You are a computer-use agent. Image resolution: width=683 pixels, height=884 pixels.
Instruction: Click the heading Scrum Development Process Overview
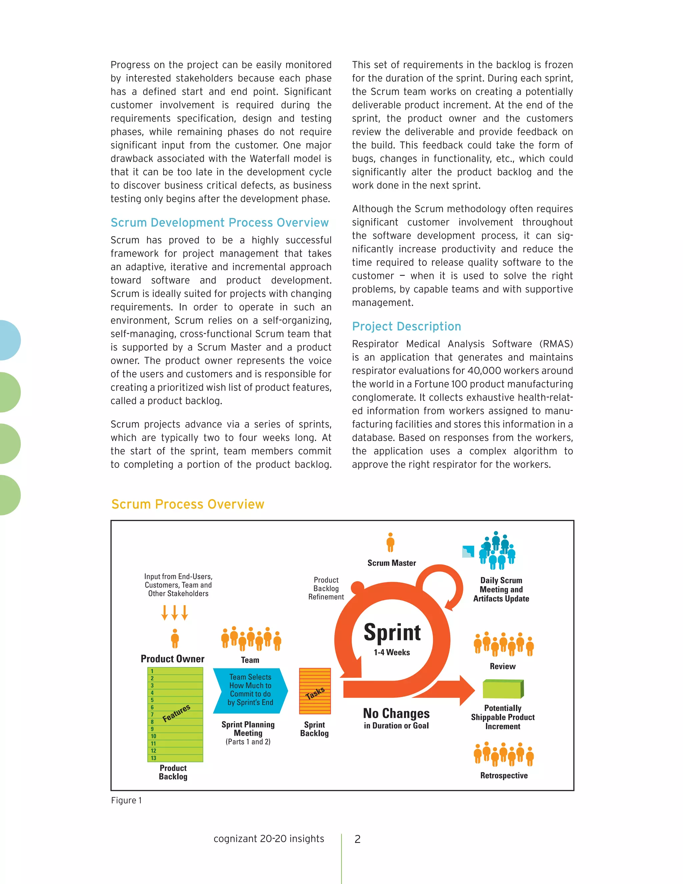tap(219, 223)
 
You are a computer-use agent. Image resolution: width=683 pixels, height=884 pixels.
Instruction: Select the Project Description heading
tap(406, 326)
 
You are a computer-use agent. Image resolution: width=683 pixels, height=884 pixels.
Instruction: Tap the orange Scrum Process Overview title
tap(188, 504)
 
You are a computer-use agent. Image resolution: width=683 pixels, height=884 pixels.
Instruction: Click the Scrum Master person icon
tap(390, 542)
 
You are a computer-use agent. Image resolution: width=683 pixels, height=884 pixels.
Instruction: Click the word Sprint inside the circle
tap(392, 632)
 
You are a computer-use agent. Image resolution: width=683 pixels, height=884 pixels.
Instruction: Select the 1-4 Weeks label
tap(392, 652)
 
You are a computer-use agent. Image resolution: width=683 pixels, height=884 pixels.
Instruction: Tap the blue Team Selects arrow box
tap(250, 690)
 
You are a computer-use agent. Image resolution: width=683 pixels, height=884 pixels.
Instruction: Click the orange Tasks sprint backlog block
tap(315, 691)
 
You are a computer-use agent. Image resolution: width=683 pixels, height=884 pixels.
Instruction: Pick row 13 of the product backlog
tap(175, 758)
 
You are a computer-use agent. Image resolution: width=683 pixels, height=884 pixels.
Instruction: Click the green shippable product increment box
tap(503, 689)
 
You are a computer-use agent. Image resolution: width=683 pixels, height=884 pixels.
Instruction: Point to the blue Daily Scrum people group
tap(497, 550)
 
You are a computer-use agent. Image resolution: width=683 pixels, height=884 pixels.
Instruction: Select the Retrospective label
tap(504, 776)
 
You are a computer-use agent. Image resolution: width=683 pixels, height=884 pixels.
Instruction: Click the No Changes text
tap(396, 713)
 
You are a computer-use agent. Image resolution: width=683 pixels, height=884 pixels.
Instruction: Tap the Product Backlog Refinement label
tap(326, 588)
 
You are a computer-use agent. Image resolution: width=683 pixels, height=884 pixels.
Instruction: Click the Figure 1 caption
tap(126, 800)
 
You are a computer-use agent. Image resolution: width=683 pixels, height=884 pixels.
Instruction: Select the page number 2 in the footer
tap(357, 839)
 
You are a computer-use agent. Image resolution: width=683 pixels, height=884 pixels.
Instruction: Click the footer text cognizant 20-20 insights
tap(269, 839)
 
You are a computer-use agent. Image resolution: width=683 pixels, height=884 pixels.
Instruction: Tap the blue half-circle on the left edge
tap(9, 340)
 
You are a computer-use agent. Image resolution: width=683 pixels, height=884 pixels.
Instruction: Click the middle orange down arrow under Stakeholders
tap(174, 612)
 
